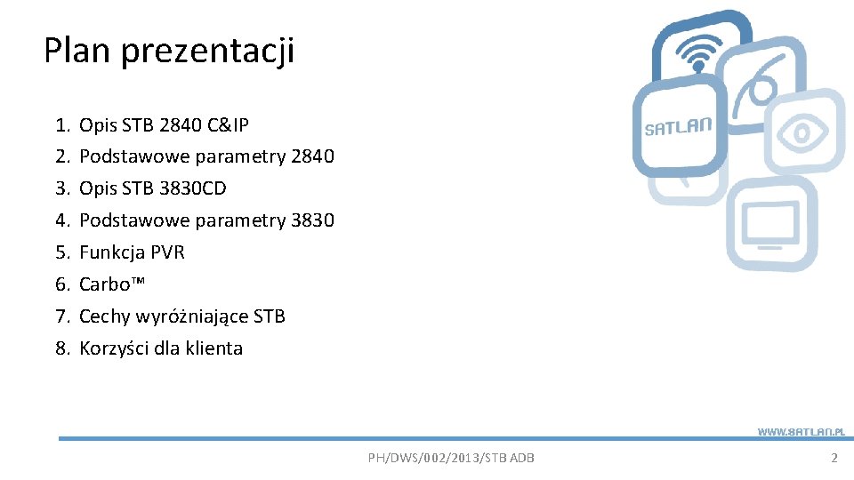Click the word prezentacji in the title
[206, 52]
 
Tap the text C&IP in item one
[228, 124]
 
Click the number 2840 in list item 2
[312, 156]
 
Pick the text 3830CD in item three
[191, 188]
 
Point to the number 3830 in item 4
[312, 220]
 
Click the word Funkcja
[112, 252]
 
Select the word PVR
[168, 252]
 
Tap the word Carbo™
[113, 284]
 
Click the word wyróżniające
[190, 316]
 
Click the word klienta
[213, 348]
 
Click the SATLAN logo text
[678, 126]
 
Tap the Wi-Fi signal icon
[699, 53]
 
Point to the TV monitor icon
[770, 225]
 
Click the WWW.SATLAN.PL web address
[800, 431]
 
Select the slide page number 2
[834, 458]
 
